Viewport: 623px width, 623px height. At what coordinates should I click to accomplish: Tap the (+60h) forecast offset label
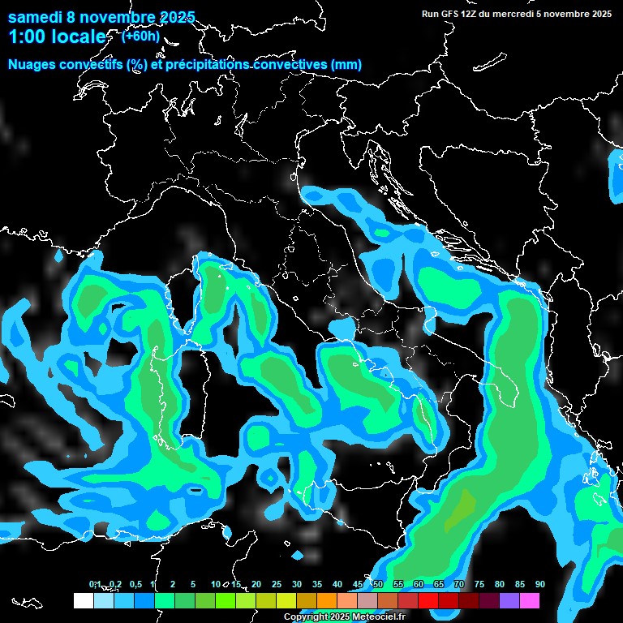pos(140,36)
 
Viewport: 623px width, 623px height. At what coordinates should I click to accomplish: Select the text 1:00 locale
pos(57,37)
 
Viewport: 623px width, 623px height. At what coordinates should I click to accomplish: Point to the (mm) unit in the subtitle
pos(346,65)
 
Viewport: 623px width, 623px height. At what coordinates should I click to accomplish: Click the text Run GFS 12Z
pos(450,13)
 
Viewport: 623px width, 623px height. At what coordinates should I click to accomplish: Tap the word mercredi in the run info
pos(513,13)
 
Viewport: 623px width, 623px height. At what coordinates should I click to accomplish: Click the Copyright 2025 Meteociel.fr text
pos(344,617)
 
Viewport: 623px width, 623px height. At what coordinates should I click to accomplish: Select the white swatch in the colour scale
pos(83,600)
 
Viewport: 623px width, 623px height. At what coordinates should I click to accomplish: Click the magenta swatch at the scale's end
pos(530,600)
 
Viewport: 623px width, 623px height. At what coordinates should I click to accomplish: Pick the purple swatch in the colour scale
pos(509,600)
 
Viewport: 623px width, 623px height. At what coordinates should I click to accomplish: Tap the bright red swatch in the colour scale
pos(428,600)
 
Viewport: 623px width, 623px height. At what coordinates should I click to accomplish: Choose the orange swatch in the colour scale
pos(327,600)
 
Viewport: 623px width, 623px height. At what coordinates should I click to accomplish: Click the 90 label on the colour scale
pos(539,584)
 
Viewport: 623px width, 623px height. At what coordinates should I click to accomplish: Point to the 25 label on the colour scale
pos(276,584)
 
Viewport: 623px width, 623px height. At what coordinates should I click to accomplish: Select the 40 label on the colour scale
pos(337,584)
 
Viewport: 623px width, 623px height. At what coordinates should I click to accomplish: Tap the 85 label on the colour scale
pos(519,584)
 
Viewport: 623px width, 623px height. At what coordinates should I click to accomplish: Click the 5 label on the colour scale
pos(193,584)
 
